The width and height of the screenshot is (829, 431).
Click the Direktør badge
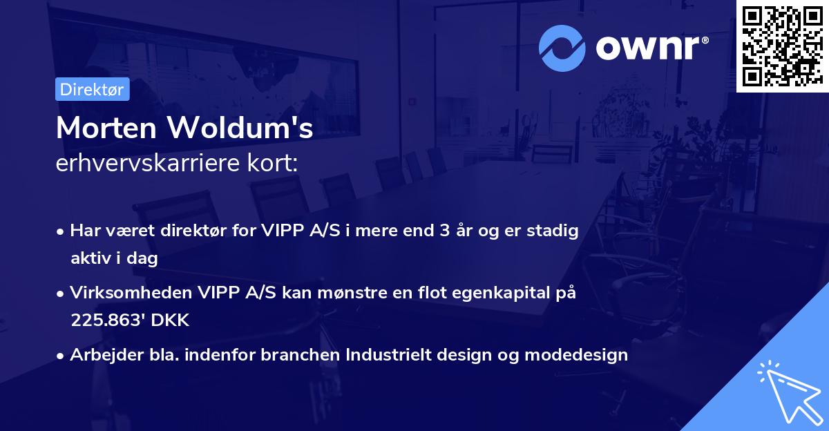click(x=92, y=89)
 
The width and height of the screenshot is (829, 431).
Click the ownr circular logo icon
click(x=562, y=48)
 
